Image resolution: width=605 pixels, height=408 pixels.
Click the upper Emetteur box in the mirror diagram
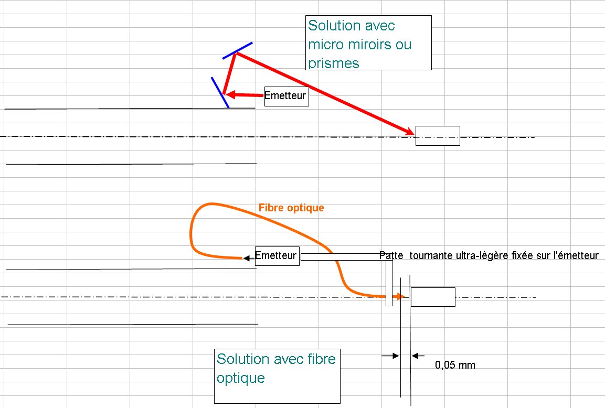[x=286, y=96]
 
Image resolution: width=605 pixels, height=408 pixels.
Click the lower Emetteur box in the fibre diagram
[x=277, y=256]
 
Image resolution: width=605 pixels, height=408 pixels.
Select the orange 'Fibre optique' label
[x=291, y=208]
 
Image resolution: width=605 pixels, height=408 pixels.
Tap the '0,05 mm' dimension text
[x=455, y=365]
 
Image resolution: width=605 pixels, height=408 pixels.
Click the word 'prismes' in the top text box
[x=334, y=63]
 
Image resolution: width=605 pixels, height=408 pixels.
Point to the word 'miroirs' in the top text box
[x=374, y=44]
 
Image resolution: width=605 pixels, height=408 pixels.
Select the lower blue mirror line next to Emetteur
[x=220, y=93]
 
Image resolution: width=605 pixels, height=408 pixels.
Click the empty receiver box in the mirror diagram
[x=438, y=136]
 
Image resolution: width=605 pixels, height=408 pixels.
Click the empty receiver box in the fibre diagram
[x=432, y=297]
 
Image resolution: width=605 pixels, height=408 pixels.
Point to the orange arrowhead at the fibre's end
[x=401, y=297]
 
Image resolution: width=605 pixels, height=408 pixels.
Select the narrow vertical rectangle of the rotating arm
[x=389, y=283]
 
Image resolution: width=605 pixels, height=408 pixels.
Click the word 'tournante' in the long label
[x=427, y=256]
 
